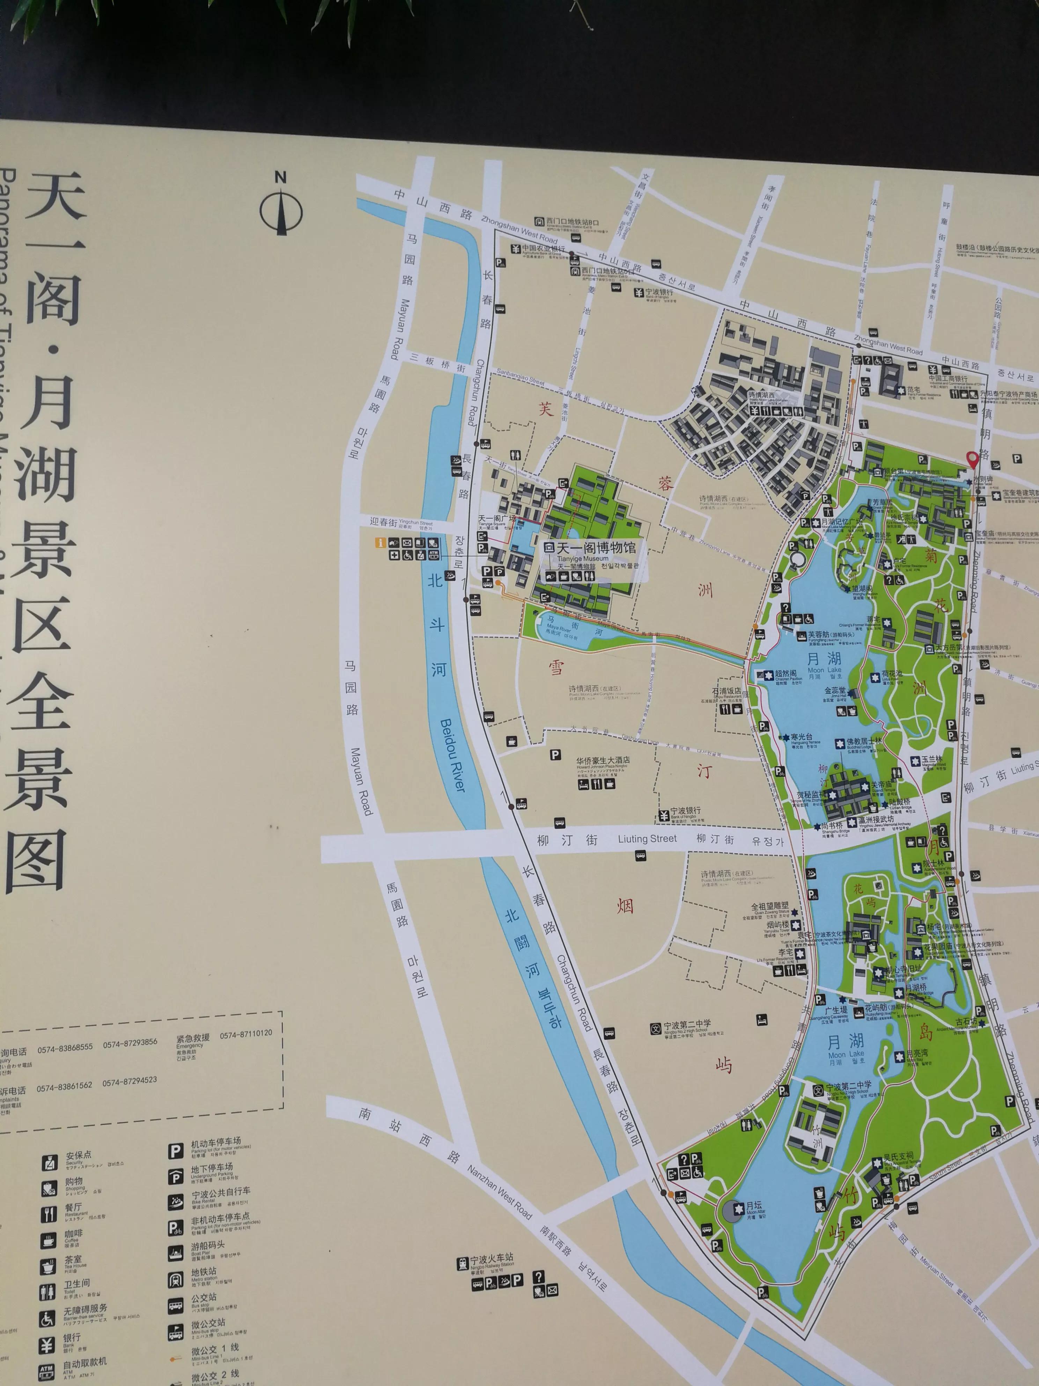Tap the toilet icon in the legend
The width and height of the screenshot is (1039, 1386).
click(x=47, y=1292)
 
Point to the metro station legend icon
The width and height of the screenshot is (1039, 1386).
click(x=175, y=1280)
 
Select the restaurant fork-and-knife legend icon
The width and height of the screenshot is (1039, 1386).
click(x=48, y=1214)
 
